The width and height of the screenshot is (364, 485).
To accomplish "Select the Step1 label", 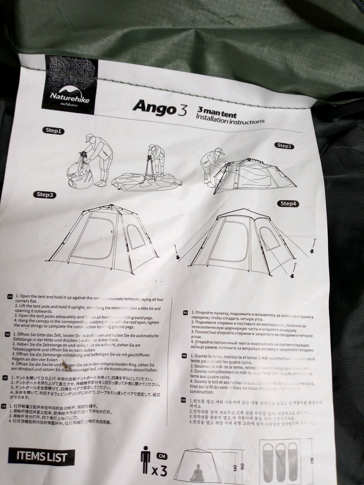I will (x=54, y=131).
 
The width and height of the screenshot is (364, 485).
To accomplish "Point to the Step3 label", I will (x=45, y=195).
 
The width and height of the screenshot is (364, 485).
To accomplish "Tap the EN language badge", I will (x=10, y=297).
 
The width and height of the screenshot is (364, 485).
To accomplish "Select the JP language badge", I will (x=5, y=377).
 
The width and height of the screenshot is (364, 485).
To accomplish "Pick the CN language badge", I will (x=4, y=406).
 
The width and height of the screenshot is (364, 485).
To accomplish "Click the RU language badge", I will (x=185, y=313).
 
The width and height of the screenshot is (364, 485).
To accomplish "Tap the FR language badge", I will (x=184, y=356).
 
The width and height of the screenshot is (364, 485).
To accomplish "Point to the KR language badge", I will (x=183, y=401).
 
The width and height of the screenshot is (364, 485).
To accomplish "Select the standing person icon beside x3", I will (x=146, y=460).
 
